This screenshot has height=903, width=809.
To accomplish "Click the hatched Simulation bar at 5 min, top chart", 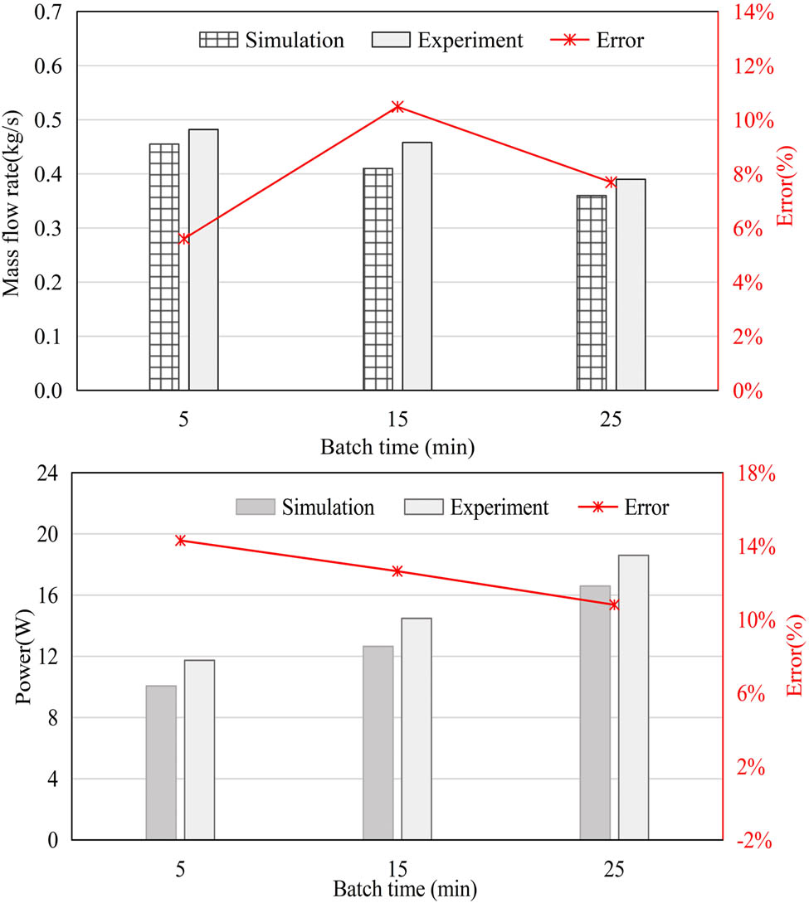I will tap(164, 266).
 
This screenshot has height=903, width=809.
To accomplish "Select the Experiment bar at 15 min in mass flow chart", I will tap(417, 265).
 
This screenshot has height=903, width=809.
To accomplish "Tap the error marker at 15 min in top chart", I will tap(397, 107).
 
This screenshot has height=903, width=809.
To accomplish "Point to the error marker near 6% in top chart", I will tap(184, 239).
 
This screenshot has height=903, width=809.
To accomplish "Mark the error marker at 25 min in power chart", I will tap(614, 604).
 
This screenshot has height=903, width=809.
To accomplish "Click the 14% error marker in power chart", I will tap(181, 541).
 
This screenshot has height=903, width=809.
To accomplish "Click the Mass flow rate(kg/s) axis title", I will tap(15, 201).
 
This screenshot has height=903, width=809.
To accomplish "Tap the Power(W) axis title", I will tap(25, 656).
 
